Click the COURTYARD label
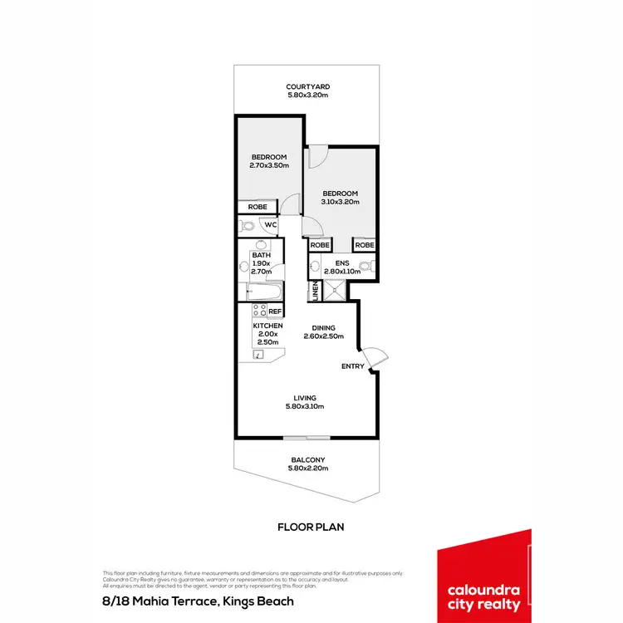pyautogui.click(x=308, y=86)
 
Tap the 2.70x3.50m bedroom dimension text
pyautogui.click(x=268, y=165)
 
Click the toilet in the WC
pyautogui.click(x=248, y=225)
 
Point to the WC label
pyautogui.click(x=270, y=224)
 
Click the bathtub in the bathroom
pyautogui.click(x=264, y=292)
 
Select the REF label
pyautogui.click(x=274, y=311)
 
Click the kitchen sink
pyautogui.click(x=258, y=354)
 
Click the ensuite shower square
pyautogui.click(x=335, y=290)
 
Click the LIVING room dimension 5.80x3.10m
pyautogui.click(x=305, y=406)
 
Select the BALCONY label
pyautogui.click(x=307, y=460)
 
